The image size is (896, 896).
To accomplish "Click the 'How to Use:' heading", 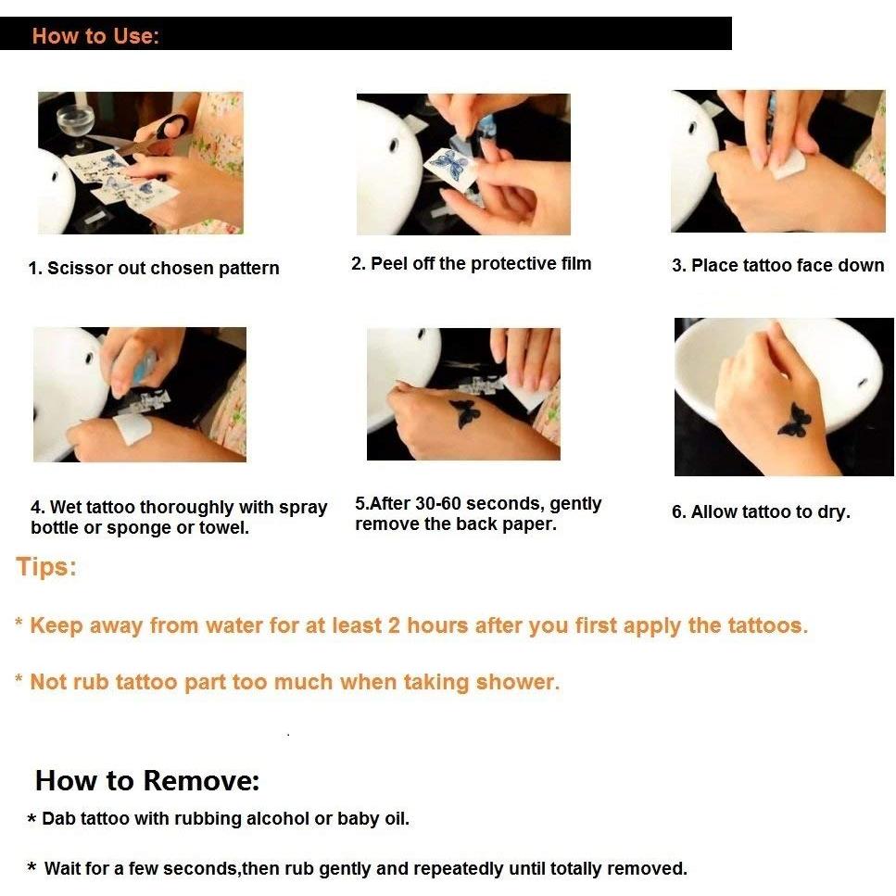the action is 95,36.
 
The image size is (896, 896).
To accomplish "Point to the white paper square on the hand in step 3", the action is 788,166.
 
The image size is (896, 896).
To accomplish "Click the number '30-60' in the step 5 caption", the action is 437,503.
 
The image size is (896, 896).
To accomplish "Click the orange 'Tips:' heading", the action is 45,567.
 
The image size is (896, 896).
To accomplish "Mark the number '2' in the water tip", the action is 394,625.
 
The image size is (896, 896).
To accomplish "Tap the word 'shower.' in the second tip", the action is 518,682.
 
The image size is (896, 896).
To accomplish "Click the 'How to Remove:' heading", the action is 147,780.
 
